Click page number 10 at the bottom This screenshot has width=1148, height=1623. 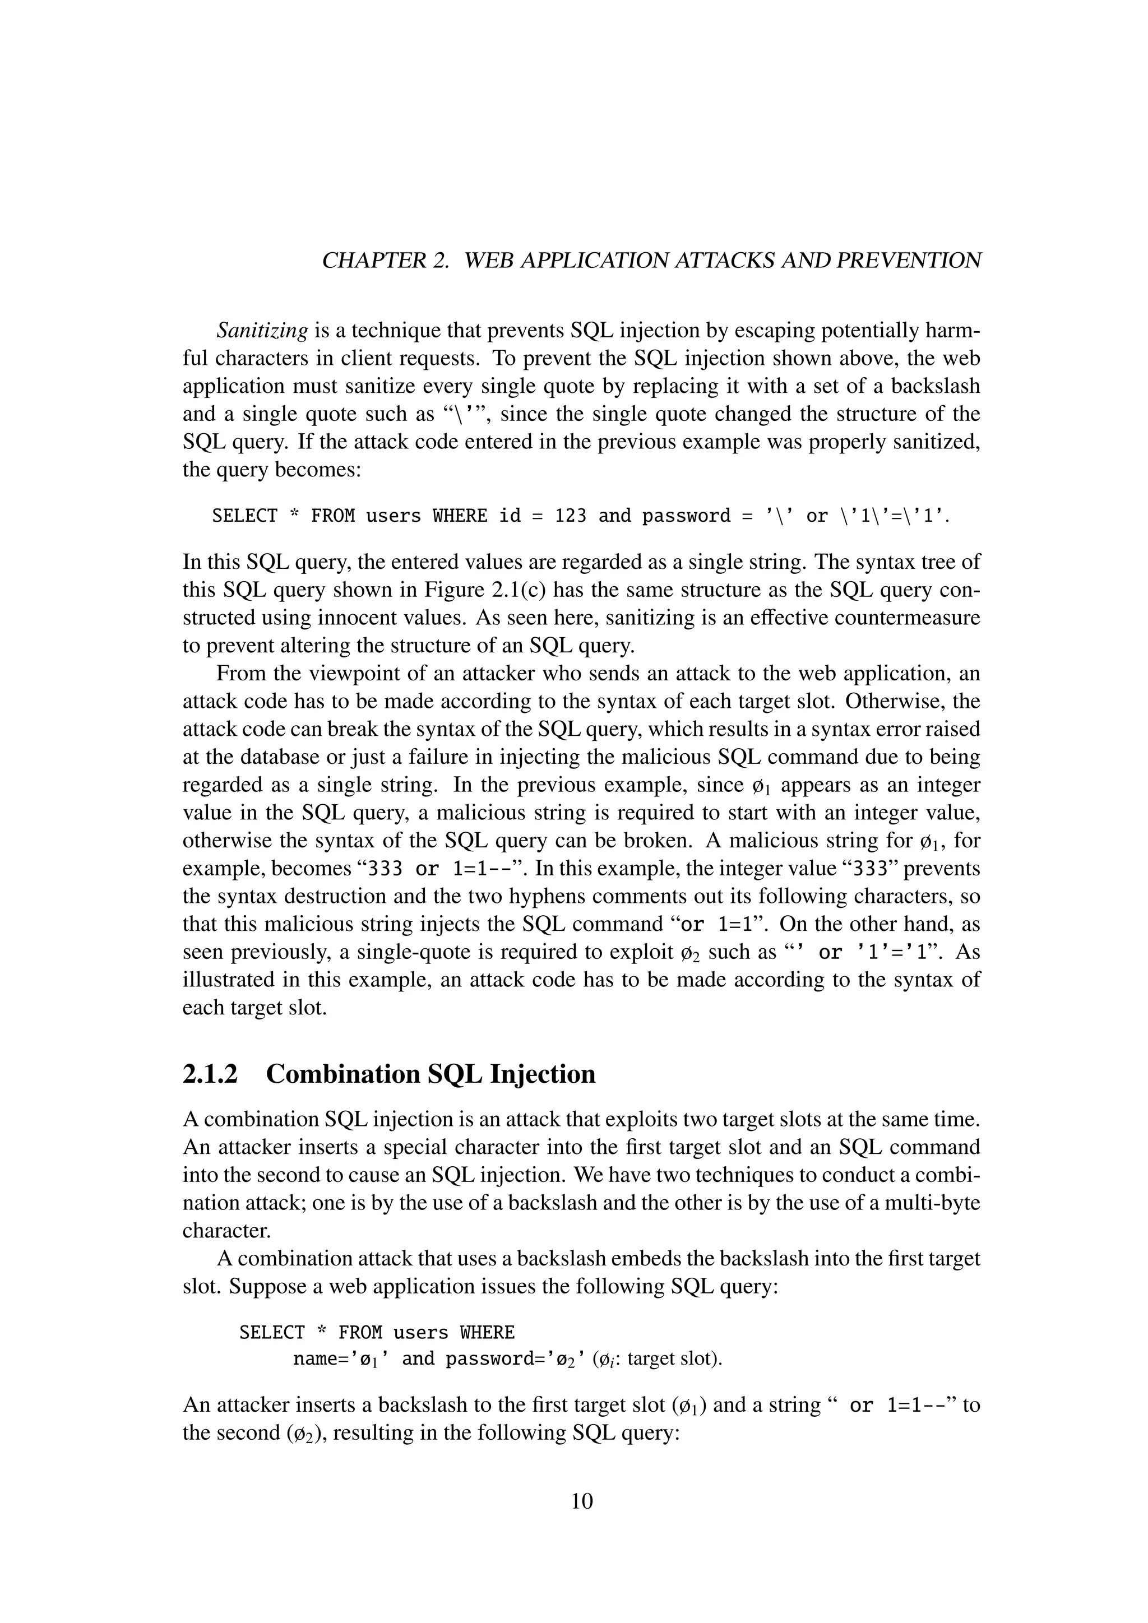coord(582,1501)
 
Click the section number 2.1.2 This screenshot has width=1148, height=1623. coord(211,1074)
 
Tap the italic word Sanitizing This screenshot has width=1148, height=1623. coord(262,330)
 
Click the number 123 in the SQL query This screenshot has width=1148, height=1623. coord(571,516)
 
